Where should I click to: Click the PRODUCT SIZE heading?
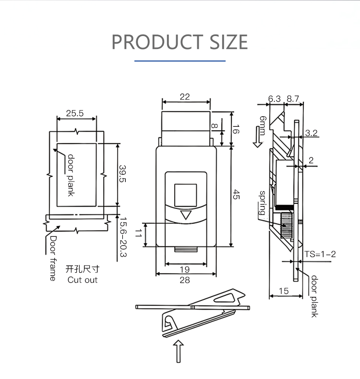click(x=180, y=42)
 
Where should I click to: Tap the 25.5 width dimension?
click(x=75, y=113)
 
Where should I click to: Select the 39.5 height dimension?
click(x=122, y=174)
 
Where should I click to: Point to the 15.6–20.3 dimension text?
click(x=123, y=237)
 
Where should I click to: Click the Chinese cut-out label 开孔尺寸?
click(x=83, y=269)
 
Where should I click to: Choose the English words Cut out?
click(x=83, y=280)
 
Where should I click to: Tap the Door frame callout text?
click(x=53, y=258)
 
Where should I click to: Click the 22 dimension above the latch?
click(x=185, y=97)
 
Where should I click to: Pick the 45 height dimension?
click(x=236, y=195)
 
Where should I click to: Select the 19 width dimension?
click(x=185, y=269)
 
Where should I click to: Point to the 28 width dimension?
click(x=185, y=280)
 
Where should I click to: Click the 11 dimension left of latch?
click(x=138, y=233)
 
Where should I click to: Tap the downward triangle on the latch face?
click(x=186, y=215)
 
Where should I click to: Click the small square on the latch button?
click(x=186, y=195)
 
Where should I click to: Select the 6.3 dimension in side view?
click(x=275, y=98)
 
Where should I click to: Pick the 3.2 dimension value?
click(x=311, y=133)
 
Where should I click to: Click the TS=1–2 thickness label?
click(x=320, y=254)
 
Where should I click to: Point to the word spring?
click(x=263, y=203)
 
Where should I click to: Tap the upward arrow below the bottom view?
click(x=179, y=352)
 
